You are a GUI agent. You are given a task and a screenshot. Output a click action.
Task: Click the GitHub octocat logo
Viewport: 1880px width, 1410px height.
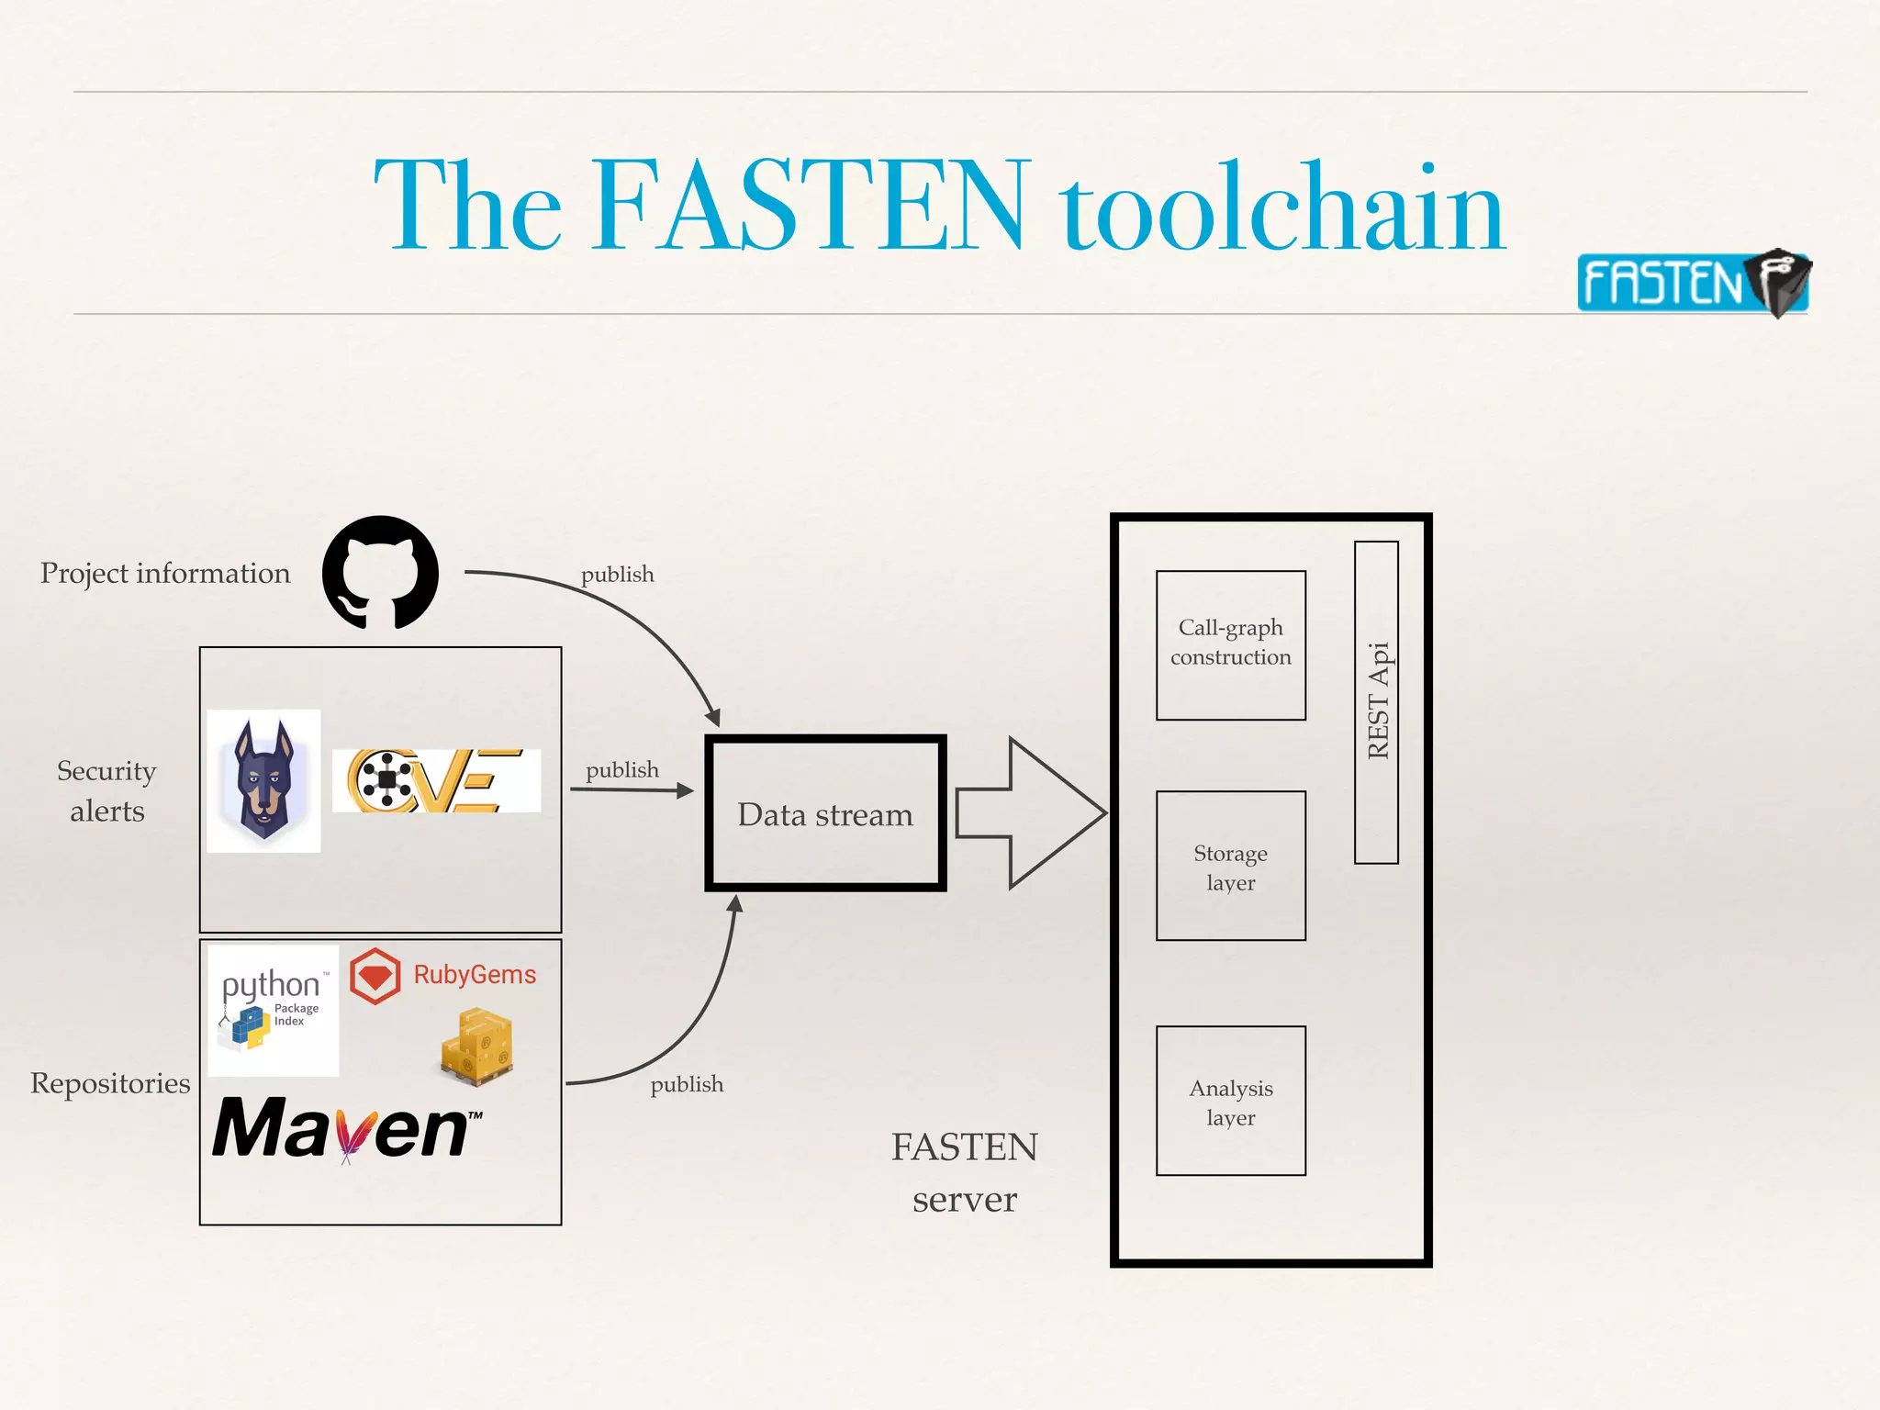[x=380, y=572]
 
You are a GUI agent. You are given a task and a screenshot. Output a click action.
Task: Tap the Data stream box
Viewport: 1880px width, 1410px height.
[x=825, y=813]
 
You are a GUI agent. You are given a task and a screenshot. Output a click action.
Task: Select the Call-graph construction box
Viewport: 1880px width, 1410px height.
[x=1230, y=644]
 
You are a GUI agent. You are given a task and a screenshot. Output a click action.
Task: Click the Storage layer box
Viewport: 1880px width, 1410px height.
[x=1230, y=866]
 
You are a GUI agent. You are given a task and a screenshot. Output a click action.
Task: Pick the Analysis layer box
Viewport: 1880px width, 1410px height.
[x=1230, y=1101]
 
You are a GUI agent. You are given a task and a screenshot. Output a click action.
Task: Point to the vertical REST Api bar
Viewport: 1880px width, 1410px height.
[x=1376, y=701]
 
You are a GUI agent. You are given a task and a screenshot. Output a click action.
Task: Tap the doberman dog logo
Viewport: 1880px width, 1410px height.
[x=263, y=780]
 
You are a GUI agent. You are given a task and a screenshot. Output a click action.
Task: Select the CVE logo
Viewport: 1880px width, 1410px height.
[x=435, y=780]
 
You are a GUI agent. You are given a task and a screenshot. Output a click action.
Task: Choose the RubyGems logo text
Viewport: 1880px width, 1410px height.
[x=474, y=975]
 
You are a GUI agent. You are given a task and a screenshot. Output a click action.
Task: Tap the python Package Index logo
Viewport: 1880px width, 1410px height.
[x=273, y=1010]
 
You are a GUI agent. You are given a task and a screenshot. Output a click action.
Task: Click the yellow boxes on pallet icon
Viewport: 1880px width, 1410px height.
[x=476, y=1046]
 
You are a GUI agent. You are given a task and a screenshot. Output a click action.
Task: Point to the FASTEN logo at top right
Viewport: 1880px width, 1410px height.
[x=1692, y=283]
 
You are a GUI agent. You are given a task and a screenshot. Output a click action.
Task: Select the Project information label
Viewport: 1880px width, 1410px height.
[x=165, y=573]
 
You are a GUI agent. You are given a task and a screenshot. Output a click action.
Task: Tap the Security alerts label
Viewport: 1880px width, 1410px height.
[x=106, y=790]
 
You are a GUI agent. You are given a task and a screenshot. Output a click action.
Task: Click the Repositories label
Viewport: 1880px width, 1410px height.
[x=110, y=1083]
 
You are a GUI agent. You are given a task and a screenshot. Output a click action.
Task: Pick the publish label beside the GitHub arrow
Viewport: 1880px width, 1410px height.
[x=617, y=575]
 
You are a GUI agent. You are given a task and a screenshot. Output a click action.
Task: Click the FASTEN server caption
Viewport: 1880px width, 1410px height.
[x=964, y=1172]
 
